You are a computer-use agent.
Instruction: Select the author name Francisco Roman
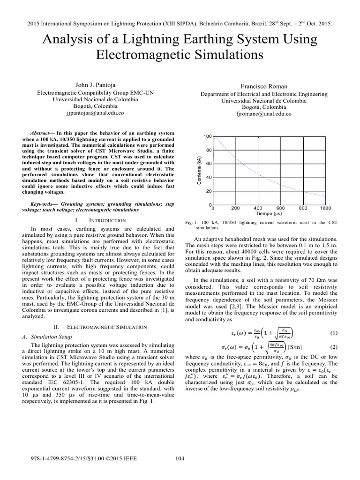coord(264,86)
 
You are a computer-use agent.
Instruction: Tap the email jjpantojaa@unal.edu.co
coord(95,113)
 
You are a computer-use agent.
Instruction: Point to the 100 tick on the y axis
coord(208,136)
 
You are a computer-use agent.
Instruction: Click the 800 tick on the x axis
coord(303,208)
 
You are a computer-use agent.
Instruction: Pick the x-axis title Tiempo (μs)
coord(269,213)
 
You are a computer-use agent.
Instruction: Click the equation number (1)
coord(333,333)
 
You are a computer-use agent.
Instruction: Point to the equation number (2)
coord(333,347)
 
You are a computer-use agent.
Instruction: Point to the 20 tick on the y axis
coord(209,191)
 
